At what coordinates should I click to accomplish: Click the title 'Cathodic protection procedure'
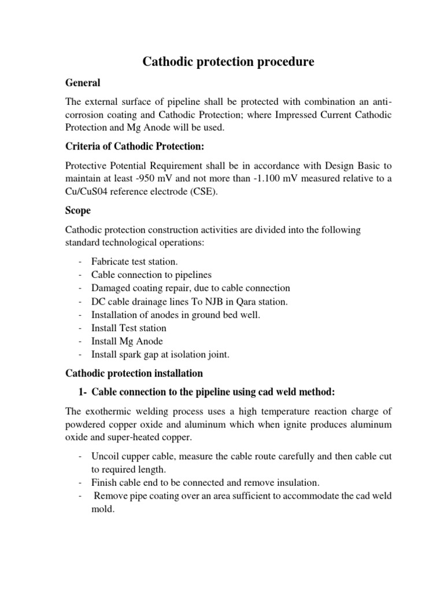[x=228, y=62]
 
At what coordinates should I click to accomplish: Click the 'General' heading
[x=83, y=83]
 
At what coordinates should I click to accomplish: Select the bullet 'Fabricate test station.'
[x=135, y=262]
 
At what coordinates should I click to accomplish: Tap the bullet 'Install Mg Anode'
[x=127, y=341]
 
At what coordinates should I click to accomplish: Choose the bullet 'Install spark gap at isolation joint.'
[x=164, y=354]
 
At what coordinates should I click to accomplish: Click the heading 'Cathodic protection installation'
[x=134, y=374]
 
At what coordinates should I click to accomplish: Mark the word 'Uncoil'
[x=104, y=456]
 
